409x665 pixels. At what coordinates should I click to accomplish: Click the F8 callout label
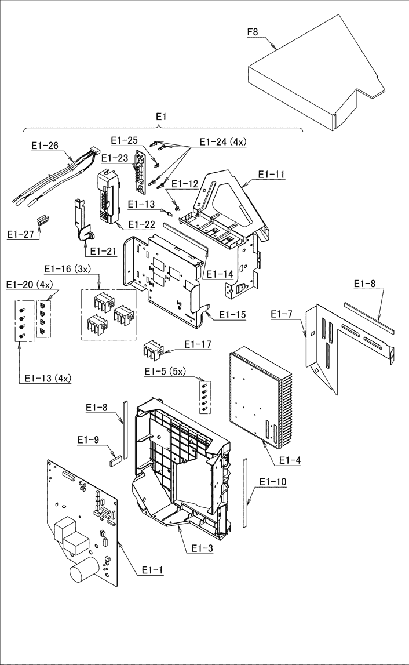(253, 31)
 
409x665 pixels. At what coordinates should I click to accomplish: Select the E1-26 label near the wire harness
(45, 146)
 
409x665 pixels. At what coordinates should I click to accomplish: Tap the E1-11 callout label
(272, 175)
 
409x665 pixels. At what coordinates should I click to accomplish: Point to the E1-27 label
(20, 234)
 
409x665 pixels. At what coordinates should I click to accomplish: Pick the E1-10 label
(272, 482)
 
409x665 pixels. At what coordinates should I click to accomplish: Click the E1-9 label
(88, 440)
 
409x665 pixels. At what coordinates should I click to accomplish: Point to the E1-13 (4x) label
(48, 379)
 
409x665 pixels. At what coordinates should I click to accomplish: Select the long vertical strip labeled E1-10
(244, 492)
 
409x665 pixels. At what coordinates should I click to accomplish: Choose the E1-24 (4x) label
(223, 142)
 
